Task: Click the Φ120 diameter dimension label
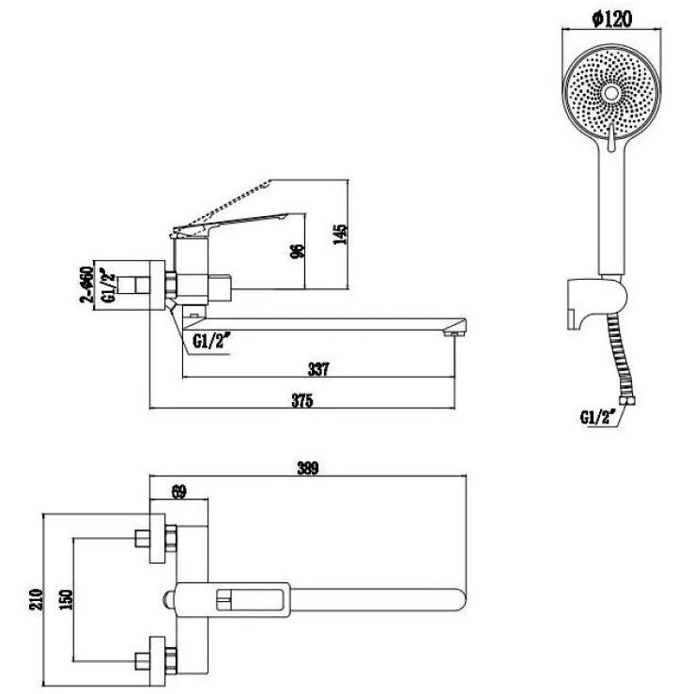click(x=611, y=19)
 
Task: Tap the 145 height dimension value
click(x=340, y=235)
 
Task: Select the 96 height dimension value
click(x=299, y=251)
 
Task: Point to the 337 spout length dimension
click(x=318, y=369)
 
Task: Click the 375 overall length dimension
click(x=302, y=400)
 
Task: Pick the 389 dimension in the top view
click(x=308, y=468)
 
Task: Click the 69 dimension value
click(x=178, y=492)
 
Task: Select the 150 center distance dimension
click(x=67, y=600)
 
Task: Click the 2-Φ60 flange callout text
click(x=85, y=285)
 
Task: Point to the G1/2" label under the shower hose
click(x=598, y=417)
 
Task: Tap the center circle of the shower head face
click(x=611, y=93)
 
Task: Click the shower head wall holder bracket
click(x=595, y=301)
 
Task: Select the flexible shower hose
click(x=619, y=362)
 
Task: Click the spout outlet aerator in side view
click(x=451, y=332)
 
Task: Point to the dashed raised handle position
click(x=225, y=204)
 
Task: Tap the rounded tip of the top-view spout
click(x=460, y=599)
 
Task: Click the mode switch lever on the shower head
click(x=611, y=138)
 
